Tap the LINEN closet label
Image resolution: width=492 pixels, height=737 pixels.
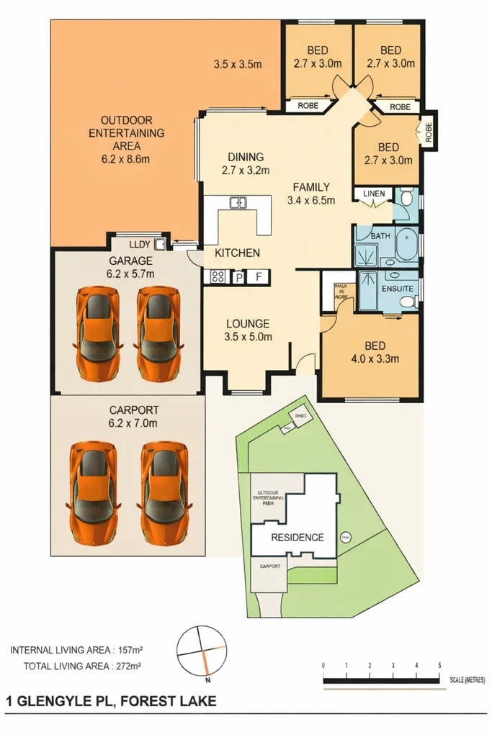(374, 194)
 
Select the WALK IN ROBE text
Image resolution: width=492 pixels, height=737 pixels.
(341, 290)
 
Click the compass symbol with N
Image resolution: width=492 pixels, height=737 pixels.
(202, 651)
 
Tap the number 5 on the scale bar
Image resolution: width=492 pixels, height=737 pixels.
(439, 664)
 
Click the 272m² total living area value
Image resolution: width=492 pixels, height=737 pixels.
(127, 666)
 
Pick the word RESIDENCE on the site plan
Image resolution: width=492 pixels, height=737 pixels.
(297, 537)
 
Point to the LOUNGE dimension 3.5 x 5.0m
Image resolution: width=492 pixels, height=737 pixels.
(249, 336)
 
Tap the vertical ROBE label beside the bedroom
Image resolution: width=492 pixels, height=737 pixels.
(428, 132)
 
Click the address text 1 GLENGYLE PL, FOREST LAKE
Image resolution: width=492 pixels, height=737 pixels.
(110, 700)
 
